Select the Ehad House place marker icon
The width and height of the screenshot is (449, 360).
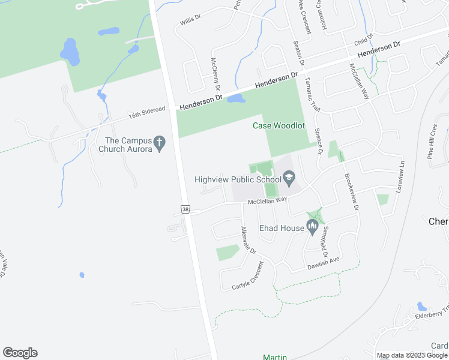[311, 226]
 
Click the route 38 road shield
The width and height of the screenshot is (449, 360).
[185, 208]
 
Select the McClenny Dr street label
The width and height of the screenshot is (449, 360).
[216, 75]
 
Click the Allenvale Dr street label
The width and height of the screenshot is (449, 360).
[248, 242]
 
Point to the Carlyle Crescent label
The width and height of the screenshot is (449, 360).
[249, 276]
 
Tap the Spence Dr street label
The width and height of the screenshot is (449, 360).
[319, 140]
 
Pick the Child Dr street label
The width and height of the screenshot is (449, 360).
[363, 40]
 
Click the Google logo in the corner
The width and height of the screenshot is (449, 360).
[20, 353]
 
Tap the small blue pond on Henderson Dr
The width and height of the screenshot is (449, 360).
[235, 98]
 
